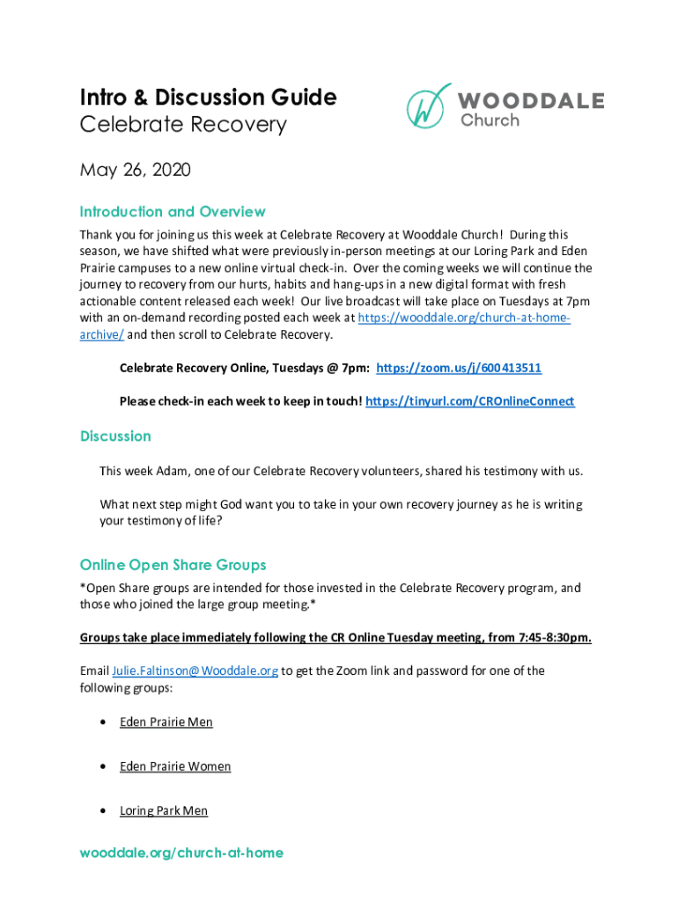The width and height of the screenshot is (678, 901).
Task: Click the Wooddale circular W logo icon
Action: click(428, 106)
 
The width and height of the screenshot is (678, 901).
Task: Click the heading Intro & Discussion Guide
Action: click(208, 97)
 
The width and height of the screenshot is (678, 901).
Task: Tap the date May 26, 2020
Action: click(135, 169)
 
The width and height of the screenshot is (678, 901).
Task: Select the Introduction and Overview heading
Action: click(173, 212)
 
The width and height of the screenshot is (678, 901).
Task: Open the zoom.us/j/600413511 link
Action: click(459, 368)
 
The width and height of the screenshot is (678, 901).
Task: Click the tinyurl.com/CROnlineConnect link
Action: click(469, 401)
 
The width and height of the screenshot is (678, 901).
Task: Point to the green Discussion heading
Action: click(115, 436)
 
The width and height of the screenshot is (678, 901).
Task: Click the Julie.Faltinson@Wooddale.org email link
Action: click(195, 670)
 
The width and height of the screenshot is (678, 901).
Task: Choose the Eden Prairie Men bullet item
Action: click(166, 722)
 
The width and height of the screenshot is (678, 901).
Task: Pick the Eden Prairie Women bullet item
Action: click(175, 766)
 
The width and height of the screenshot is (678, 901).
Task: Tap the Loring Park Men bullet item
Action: click(164, 810)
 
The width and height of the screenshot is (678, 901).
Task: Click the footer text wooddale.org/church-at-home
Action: click(181, 853)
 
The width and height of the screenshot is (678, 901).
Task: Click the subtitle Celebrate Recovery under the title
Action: click(183, 125)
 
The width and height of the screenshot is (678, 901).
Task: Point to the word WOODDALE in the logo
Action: click(531, 100)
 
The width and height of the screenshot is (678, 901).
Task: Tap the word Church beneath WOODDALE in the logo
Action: click(490, 120)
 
